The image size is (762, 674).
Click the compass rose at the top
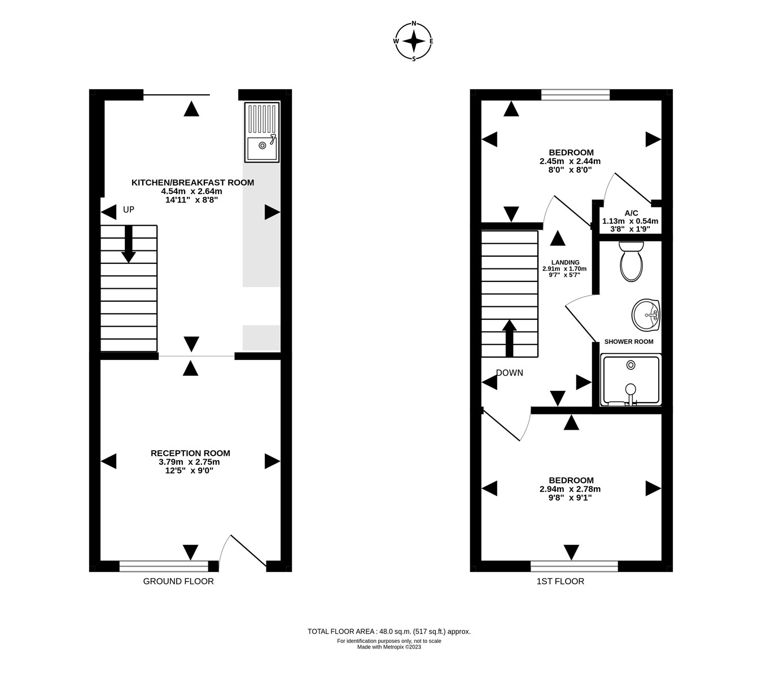414,41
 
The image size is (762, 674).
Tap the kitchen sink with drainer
262,132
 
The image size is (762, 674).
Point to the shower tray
630,379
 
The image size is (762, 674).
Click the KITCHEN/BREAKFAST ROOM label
192,183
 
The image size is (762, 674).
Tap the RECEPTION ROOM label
190,453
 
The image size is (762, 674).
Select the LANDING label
565,262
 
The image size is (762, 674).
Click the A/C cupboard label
631,213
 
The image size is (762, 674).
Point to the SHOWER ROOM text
629,342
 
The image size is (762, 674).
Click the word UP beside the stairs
129,210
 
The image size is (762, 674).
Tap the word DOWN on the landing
509,373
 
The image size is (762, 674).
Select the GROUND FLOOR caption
178,581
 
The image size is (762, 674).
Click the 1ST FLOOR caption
560,581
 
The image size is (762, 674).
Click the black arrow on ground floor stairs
129,244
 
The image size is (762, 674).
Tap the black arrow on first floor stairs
509,338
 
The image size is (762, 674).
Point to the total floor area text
389,632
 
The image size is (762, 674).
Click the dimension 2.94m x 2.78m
570,489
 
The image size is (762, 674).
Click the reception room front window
164,563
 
